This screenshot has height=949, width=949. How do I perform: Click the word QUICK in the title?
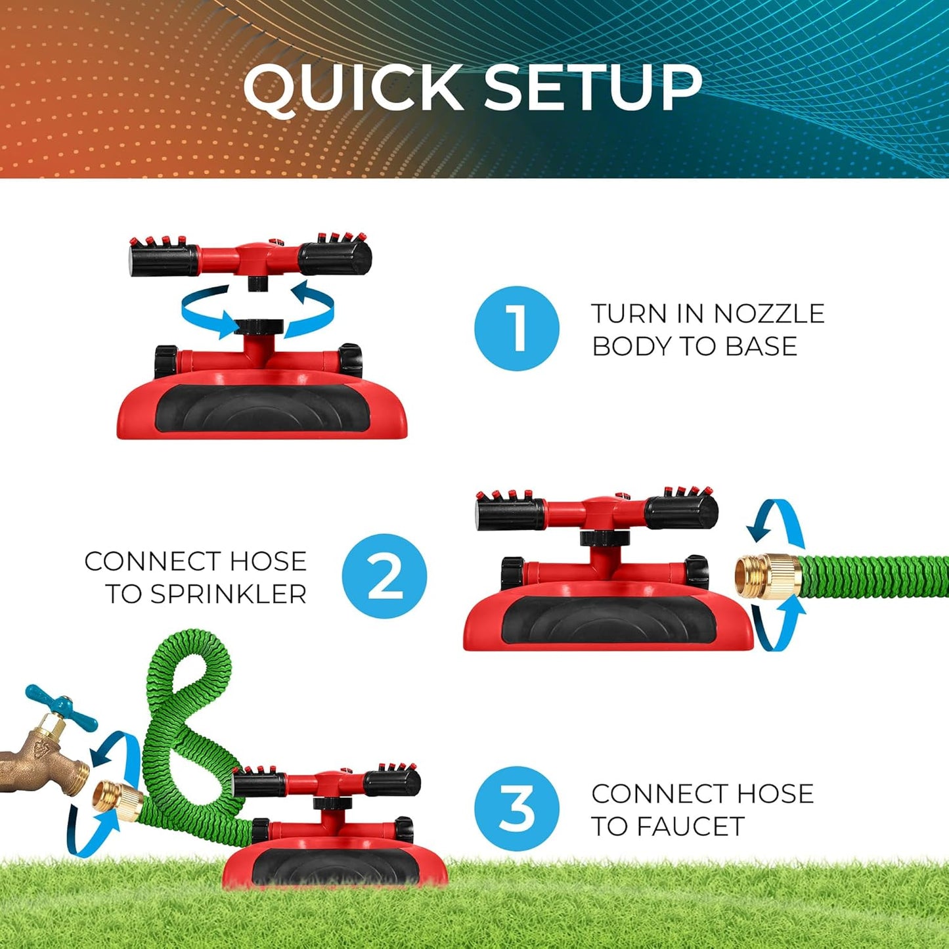353,87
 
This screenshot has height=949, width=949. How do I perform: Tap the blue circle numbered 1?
517,328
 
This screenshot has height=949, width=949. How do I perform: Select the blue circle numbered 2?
384,576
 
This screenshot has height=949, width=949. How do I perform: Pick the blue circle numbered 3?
517,808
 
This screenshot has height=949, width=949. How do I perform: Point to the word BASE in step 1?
761,346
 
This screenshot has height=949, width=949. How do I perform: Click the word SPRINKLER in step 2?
228,594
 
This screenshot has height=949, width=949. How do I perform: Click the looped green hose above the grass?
184,709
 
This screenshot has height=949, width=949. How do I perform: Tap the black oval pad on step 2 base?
608,621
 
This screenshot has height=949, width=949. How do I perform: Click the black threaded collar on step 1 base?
258,327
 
